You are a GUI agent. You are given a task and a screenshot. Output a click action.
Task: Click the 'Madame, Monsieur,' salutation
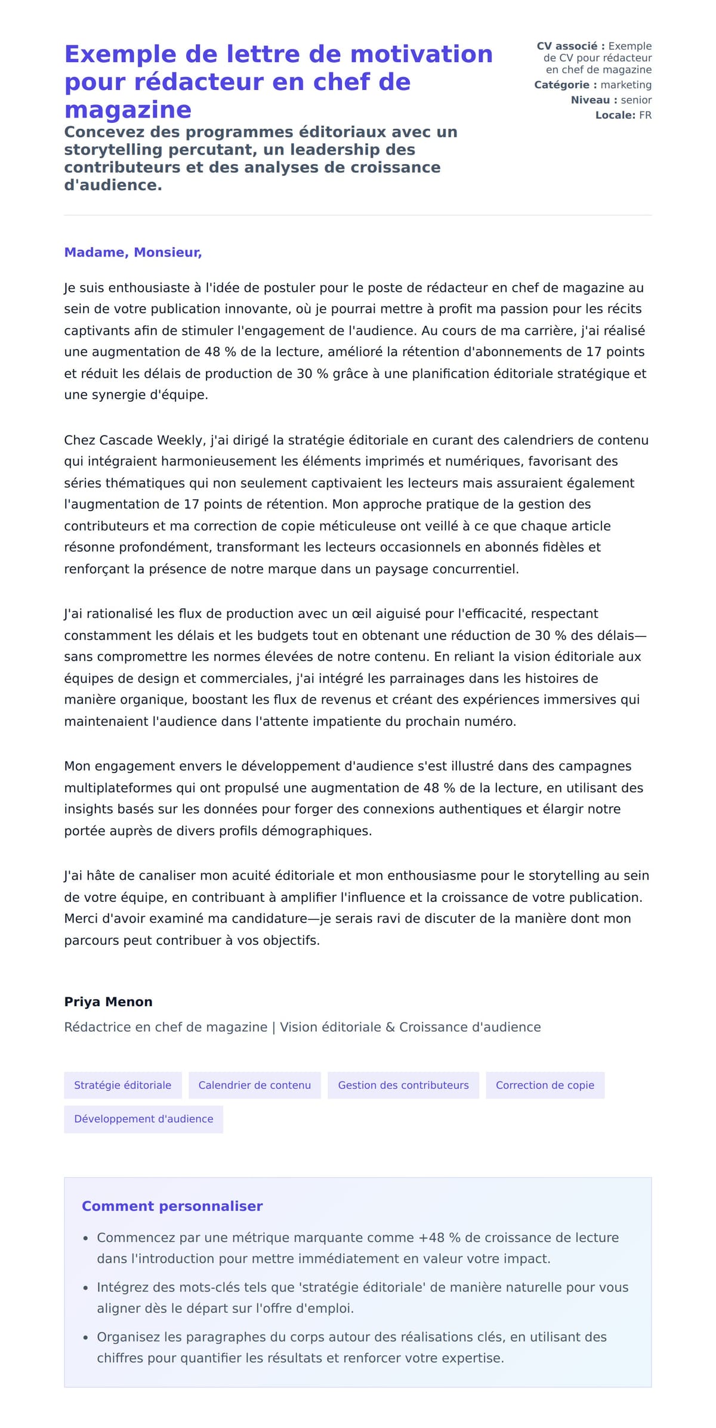point(133,252)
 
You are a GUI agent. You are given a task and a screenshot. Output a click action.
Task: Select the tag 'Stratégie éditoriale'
point(122,1085)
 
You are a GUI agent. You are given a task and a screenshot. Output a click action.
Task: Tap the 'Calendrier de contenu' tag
point(254,1085)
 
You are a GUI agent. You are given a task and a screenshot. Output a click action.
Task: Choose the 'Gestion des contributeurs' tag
point(403,1085)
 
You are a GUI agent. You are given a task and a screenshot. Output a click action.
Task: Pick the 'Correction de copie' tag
point(545,1085)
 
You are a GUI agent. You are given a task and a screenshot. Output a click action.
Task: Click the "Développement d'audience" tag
point(143,1119)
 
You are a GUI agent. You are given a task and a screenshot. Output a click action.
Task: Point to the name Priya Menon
point(108,1002)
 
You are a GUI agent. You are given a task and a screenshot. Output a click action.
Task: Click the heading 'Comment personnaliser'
point(172,1206)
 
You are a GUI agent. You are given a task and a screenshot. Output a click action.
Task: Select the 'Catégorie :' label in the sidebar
point(565,85)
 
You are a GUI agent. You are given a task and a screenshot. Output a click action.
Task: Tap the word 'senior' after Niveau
point(636,100)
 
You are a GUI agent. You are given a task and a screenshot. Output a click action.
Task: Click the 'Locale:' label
point(615,115)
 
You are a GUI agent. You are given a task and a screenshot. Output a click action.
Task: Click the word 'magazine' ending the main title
point(128,110)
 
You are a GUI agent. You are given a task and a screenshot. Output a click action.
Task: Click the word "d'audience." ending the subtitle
point(113,186)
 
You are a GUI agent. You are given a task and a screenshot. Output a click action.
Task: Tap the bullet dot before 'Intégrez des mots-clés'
point(86,1288)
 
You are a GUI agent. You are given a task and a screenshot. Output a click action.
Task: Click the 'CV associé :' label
point(570,46)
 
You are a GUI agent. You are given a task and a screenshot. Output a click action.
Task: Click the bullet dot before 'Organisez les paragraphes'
point(86,1338)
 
